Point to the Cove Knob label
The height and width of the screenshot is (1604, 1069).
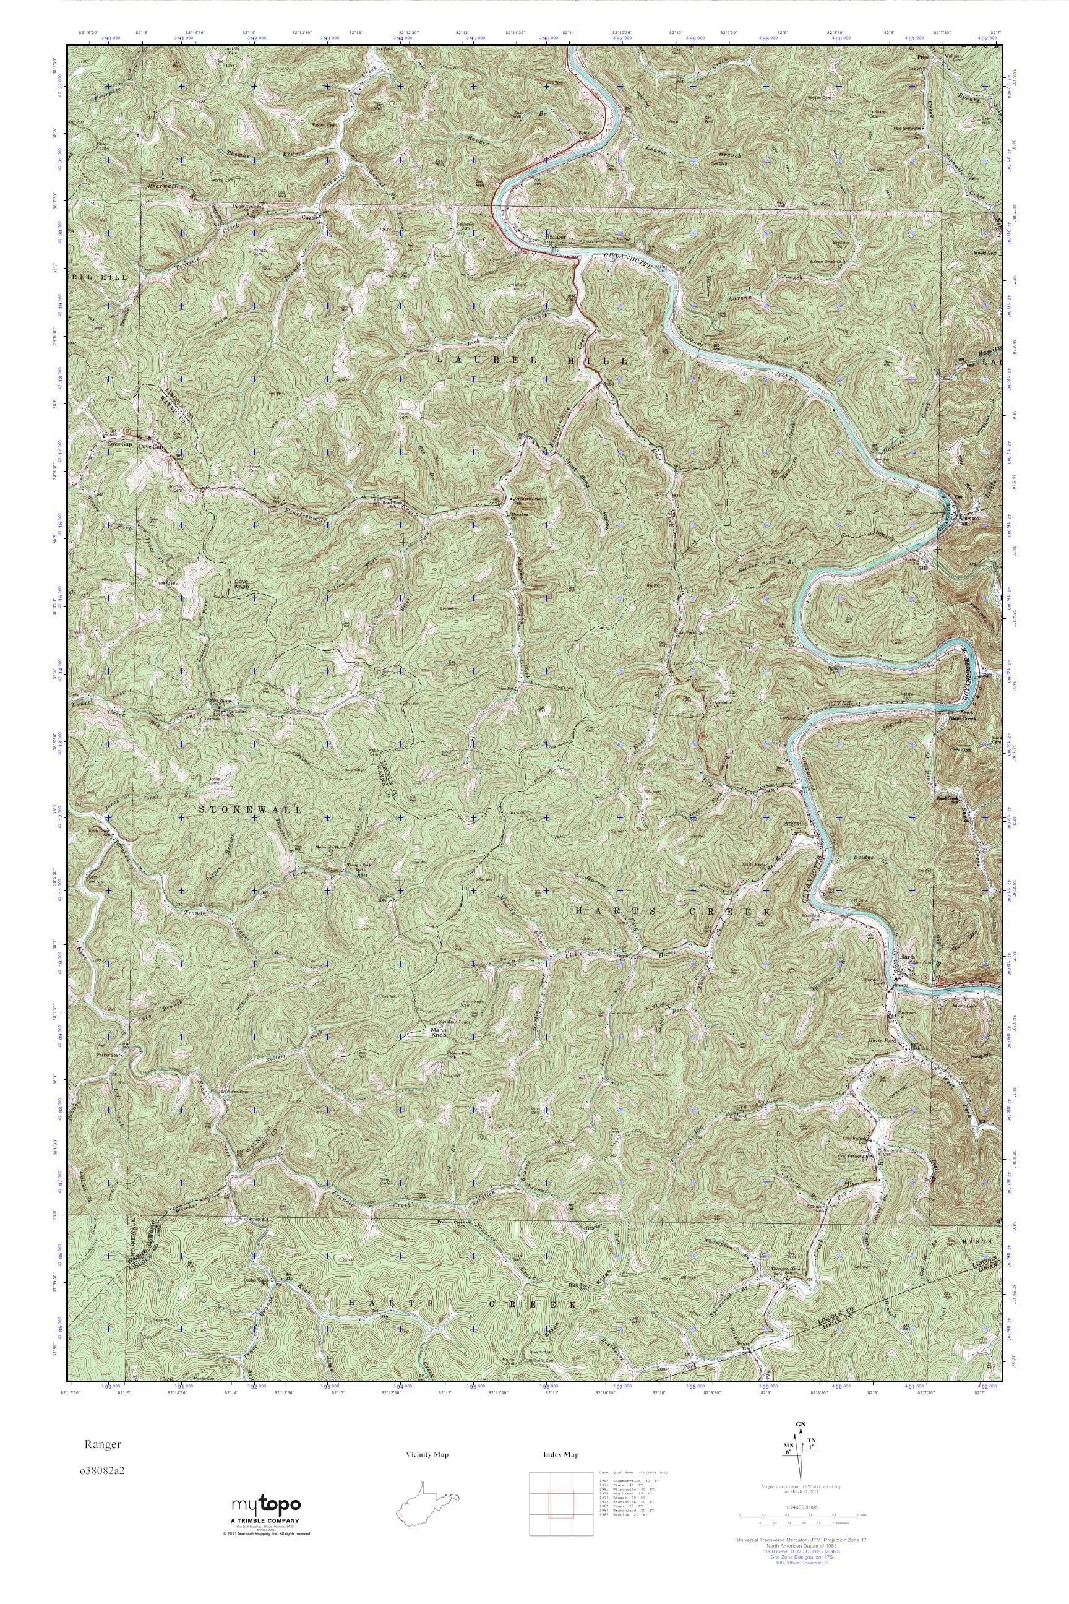coord(241,584)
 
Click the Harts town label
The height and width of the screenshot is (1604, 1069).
coord(907,957)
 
